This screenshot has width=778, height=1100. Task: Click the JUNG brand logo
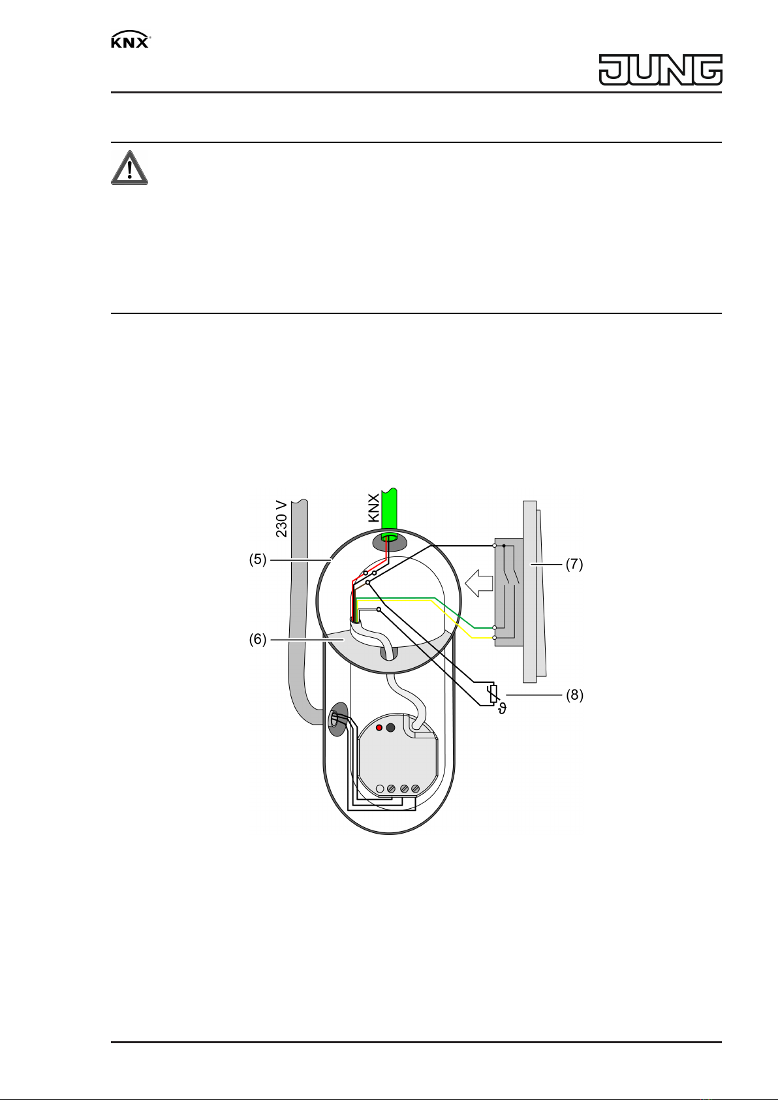[661, 70]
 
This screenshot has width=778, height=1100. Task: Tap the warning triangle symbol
[130, 168]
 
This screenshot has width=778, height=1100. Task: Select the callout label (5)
[258, 559]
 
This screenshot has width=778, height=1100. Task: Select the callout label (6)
[258, 639]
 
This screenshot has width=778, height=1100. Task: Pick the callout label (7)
[574, 564]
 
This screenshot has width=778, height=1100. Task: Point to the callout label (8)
[574, 695]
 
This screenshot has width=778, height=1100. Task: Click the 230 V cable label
[281, 518]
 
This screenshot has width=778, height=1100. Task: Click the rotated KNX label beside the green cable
[373, 509]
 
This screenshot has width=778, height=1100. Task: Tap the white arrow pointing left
[478, 583]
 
